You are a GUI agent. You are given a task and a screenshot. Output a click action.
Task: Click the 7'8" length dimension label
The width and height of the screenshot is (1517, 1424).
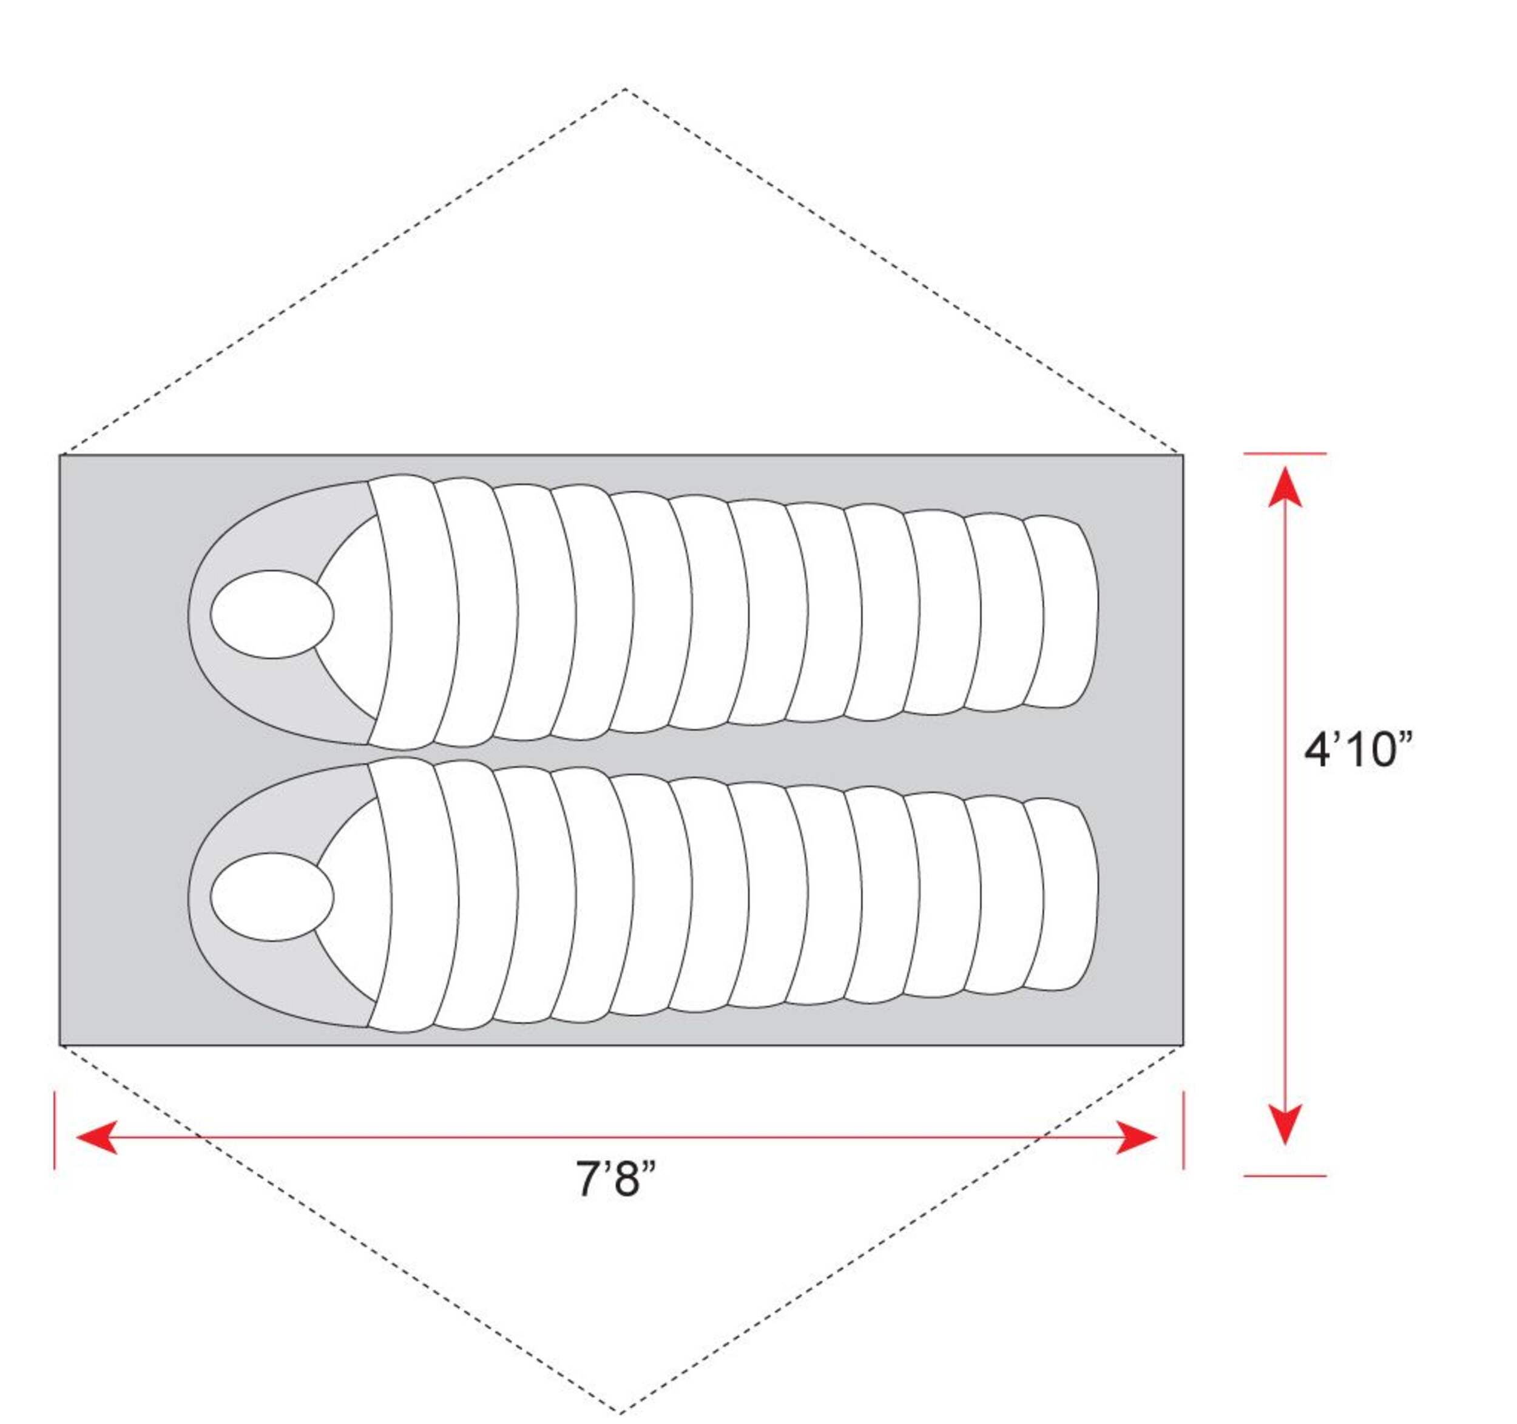(x=616, y=1179)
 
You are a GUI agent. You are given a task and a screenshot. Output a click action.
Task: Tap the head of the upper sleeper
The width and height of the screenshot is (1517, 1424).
(x=272, y=614)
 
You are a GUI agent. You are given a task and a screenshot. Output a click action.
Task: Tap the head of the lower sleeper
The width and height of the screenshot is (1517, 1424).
(x=272, y=897)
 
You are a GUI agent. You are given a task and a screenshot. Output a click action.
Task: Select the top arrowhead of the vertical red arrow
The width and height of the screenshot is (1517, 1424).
(x=1285, y=486)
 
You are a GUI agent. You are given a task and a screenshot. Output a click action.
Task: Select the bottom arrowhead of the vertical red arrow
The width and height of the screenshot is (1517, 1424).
(x=1285, y=1124)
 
